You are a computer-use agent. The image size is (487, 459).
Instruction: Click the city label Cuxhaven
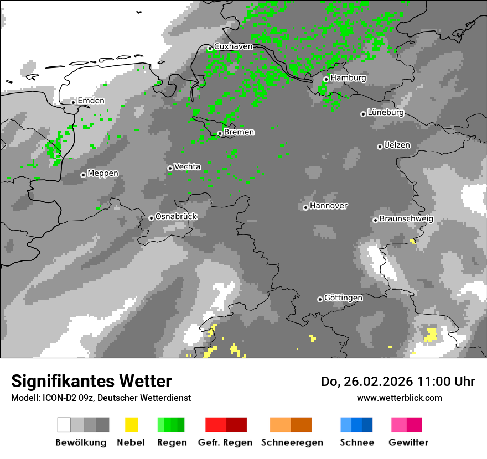233,46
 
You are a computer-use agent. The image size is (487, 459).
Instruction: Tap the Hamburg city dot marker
326,79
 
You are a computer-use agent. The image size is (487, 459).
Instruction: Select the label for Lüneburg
386,113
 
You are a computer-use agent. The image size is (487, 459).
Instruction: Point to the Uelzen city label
397,145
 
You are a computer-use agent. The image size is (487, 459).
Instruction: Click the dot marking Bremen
220,133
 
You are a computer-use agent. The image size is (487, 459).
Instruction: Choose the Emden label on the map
91,101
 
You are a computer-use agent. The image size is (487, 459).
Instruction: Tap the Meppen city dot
83,175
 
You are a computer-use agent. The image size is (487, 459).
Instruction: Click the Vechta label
187,166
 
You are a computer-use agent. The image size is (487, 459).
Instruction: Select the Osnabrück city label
176,217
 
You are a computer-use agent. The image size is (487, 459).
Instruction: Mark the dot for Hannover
305,208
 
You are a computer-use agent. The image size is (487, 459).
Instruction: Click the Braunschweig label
406,219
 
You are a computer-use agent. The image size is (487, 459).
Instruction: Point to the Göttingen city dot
320,299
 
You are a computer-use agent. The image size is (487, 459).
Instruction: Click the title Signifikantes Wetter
91,381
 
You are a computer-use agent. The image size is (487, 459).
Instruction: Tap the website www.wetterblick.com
399,398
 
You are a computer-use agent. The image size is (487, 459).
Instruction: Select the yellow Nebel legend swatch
131,425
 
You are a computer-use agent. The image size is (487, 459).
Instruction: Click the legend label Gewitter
408,442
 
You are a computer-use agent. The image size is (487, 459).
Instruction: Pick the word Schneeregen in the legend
292,442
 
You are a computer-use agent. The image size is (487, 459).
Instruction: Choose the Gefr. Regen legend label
225,442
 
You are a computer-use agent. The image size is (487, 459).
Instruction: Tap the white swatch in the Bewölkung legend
64,425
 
